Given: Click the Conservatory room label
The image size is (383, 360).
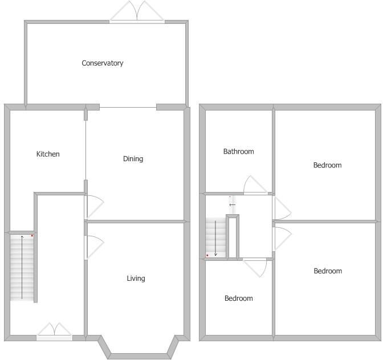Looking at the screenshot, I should [x=102, y=63].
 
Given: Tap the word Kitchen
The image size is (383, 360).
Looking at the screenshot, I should [x=48, y=154].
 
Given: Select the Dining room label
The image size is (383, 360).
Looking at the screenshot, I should [x=133, y=159].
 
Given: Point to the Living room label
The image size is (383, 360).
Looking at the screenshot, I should [x=136, y=279].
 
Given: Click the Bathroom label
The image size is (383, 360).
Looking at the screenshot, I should [x=238, y=152].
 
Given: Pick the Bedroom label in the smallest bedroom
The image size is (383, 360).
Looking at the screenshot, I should [x=238, y=298].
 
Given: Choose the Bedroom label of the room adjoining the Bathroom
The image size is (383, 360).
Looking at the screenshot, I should [x=327, y=165].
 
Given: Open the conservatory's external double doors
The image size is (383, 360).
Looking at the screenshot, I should [x=137, y=13].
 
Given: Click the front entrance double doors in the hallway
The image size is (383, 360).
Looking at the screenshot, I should [x=54, y=332].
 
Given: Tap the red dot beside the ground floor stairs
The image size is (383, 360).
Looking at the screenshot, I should [x=32, y=235].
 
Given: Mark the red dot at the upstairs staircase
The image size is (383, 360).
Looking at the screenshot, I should [x=207, y=255].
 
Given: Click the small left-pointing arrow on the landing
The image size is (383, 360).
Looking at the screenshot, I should [x=232, y=204].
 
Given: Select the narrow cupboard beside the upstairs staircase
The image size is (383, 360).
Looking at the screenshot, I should [x=233, y=237].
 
